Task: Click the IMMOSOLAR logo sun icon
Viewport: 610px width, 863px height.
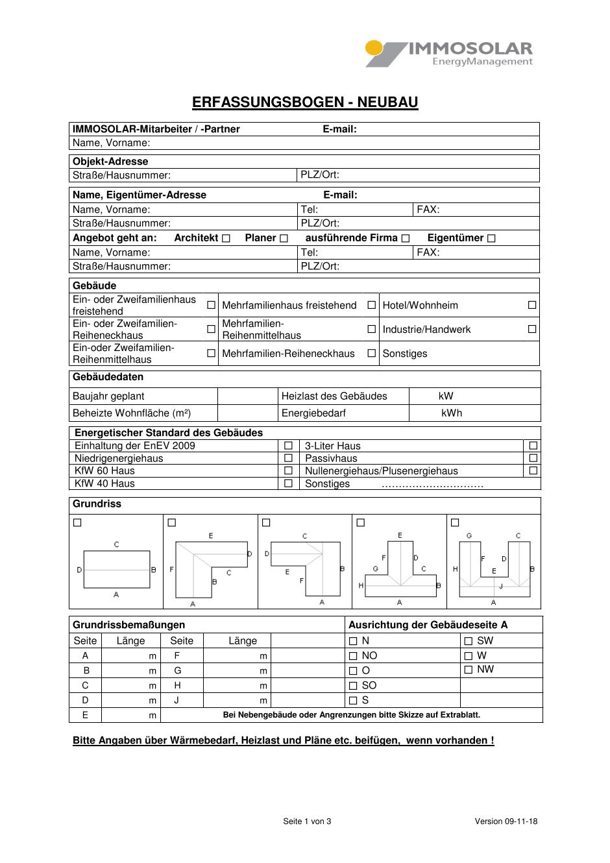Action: (374, 48)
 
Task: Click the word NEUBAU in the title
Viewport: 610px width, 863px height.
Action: (387, 102)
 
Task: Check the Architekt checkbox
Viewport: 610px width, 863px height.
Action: (226, 238)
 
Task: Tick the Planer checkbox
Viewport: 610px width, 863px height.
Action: (284, 238)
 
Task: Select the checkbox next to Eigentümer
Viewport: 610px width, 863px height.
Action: (491, 238)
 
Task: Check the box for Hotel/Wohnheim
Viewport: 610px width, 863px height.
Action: (532, 305)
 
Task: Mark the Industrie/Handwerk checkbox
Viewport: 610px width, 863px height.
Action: (532, 329)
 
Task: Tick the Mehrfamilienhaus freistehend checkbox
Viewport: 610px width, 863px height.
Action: (372, 305)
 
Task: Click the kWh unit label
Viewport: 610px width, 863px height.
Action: (452, 413)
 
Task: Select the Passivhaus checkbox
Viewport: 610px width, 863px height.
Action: (533, 458)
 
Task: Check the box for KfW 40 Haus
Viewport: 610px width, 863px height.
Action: (289, 483)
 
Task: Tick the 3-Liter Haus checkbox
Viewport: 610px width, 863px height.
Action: (533, 446)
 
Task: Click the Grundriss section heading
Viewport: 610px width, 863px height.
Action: (97, 504)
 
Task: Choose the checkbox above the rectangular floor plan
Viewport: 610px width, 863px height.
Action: (78, 522)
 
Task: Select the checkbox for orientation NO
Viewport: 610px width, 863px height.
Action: (353, 656)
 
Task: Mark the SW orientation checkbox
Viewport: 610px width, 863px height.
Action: (469, 641)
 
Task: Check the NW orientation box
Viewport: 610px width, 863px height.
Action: (469, 670)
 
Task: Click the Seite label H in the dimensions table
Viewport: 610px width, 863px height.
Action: (177, 685)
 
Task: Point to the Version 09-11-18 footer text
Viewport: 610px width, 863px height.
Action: (506, 821)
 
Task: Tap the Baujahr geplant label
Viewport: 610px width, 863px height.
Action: (108, 396)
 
